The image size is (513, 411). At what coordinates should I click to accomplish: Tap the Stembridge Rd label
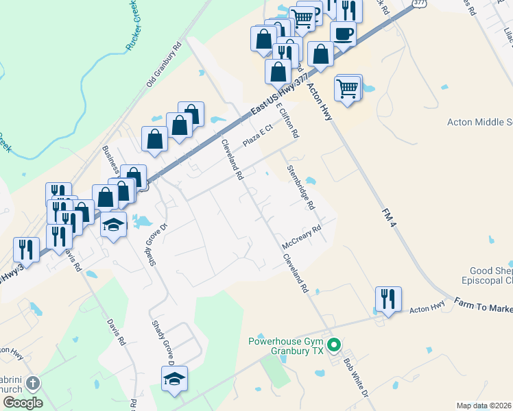(300, 187)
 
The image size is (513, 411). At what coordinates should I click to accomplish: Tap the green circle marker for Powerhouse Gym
(335, 345)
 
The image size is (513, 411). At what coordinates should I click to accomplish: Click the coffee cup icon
(343, 33)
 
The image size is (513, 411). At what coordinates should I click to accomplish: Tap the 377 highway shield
(418, 3)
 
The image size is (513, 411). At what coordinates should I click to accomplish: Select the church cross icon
(32, 384)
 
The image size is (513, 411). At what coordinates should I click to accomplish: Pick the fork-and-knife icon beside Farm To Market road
(388, 299)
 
